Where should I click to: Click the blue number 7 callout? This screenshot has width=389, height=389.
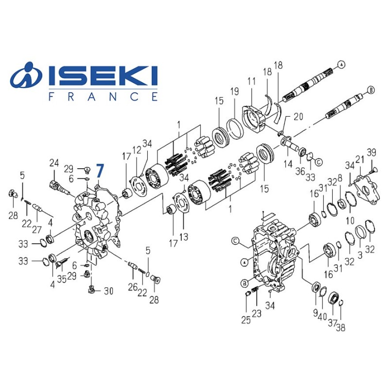tap(100, 171)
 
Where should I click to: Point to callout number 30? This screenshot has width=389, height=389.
tap(108, 291)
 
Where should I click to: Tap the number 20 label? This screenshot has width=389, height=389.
tap(298, 116)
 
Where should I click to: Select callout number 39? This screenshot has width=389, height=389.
tap(371, 153)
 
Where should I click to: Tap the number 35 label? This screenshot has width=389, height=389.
tap(62, 279)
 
